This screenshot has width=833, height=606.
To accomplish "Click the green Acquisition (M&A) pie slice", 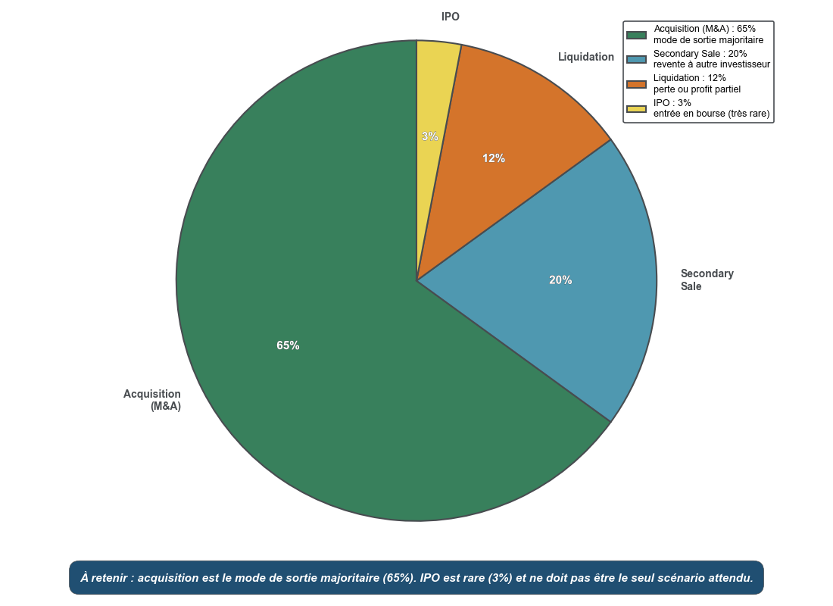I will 303,394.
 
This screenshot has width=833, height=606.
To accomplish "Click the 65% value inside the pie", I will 288,345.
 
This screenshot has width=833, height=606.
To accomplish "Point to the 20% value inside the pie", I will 560,280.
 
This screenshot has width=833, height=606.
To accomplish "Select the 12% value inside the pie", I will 494,158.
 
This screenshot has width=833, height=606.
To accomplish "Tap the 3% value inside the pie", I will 429,136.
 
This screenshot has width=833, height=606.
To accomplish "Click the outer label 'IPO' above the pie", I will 451,17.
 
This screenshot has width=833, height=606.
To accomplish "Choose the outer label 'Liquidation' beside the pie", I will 586,57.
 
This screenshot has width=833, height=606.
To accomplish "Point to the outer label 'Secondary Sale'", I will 707,280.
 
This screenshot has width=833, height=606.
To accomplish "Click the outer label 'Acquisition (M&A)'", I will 153,400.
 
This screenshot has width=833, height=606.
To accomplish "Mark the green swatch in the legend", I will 636,35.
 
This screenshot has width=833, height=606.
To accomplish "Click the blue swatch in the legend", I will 636,59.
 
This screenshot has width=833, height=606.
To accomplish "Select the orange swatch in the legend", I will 636,84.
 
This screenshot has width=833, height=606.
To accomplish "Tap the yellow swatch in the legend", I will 636,109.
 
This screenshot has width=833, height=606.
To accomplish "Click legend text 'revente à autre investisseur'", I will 711,64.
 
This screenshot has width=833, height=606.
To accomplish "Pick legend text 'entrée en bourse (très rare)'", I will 711,114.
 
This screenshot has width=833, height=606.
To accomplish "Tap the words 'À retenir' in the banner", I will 106,578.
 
